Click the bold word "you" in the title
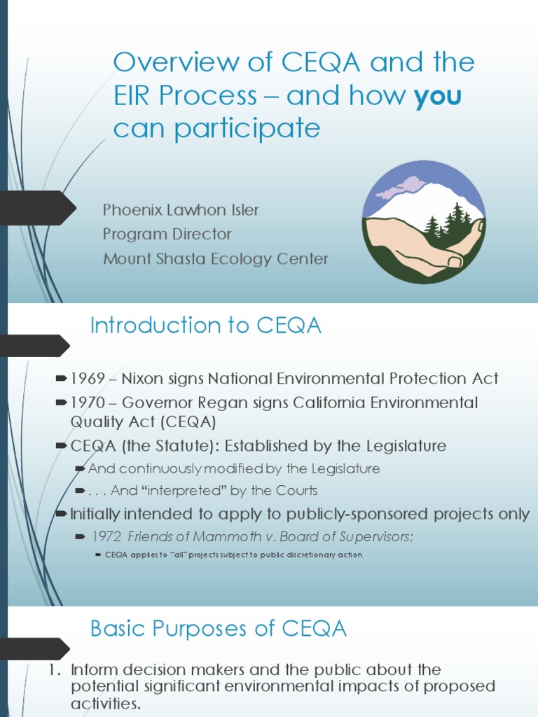(438, 96)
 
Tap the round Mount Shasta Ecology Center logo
(424, 222)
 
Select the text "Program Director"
(167, 234)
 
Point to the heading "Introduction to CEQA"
(206, 326)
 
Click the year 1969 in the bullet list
(86, 379)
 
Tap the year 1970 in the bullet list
(86, 403)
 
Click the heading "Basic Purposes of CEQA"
(219, 629)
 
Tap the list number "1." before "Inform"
(55, 669)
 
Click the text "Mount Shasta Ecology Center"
(216, 258)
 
